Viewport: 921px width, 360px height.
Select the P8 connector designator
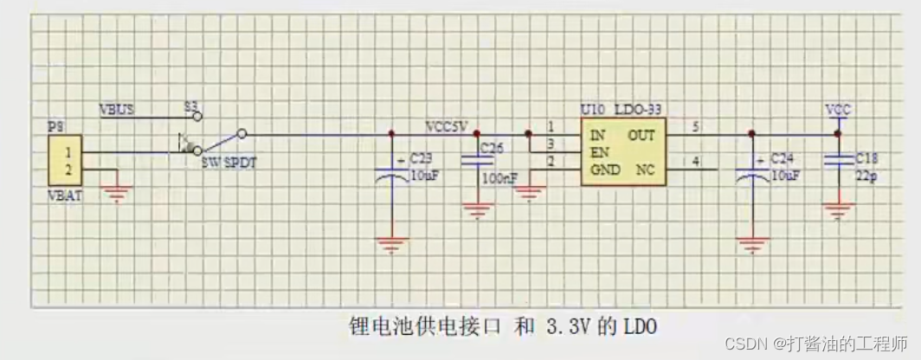point(56,126)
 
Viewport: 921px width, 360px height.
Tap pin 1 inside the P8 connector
point(68,152)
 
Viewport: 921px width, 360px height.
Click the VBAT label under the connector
point(64,196)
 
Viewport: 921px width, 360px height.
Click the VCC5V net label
point(446,126)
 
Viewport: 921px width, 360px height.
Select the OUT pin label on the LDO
point(641,135)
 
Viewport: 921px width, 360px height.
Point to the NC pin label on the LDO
point(646,170)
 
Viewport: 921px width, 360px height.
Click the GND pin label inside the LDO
point(605,170)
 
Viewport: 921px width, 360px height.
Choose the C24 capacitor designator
point(783,159)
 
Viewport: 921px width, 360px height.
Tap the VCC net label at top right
point(837,110)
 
